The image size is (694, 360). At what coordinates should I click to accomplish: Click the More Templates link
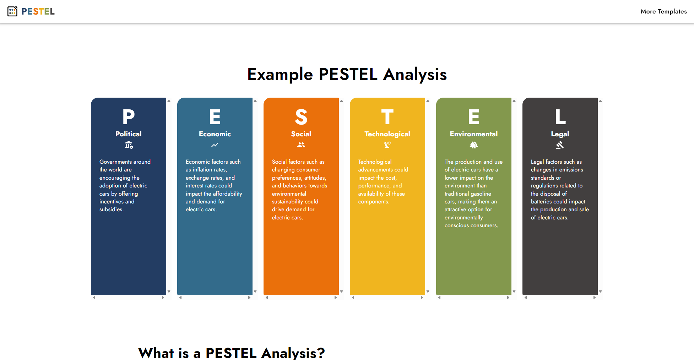663,11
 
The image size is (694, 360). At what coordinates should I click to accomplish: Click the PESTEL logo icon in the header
12,11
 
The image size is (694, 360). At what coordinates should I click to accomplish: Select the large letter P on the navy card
129,117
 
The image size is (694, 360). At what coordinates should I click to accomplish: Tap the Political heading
129,134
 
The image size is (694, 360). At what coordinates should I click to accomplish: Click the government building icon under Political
129,145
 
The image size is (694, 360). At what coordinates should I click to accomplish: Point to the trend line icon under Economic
215,145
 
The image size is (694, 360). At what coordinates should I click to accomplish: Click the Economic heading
215,134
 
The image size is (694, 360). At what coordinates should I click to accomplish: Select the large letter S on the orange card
301,117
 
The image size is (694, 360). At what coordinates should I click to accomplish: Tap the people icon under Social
301,145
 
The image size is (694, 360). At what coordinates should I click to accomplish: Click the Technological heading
387,134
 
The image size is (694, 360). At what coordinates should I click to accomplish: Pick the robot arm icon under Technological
387,145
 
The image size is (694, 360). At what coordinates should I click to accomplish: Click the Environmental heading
474,134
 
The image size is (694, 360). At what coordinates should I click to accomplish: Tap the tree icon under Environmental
474,145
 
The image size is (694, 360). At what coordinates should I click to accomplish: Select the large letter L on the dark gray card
560,117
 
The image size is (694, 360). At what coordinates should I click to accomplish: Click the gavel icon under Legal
560,145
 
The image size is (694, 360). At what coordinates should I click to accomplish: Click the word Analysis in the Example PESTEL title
415,75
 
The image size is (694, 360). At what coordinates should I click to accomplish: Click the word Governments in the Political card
115,162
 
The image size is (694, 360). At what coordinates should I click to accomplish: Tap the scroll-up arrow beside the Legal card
600,101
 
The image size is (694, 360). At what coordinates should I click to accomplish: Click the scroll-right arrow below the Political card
163,298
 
